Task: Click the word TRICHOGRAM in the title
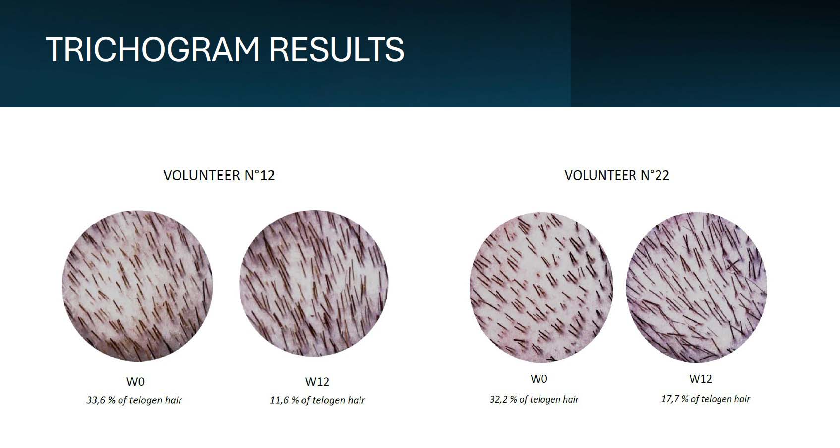[153, 49]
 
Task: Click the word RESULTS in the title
[337, 49]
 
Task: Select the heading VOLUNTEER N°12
[219, 175]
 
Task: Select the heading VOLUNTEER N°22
[617, 175]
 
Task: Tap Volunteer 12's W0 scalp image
[137, 286]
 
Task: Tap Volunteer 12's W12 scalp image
[314, 283]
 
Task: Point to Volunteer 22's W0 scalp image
[541, 287]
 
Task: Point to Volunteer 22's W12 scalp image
[696, 287]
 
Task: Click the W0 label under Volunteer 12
[135, 382]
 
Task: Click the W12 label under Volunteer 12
[317, 382]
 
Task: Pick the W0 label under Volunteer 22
[539, 379]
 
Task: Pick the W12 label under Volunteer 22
[701, 379]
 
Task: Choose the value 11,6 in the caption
[279, 400]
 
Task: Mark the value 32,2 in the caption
[499, 399]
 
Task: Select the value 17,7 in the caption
[670, 399]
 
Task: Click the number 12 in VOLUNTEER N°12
[267, 176]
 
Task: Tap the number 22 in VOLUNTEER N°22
[662, 176]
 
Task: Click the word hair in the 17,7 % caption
[742, 399]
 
